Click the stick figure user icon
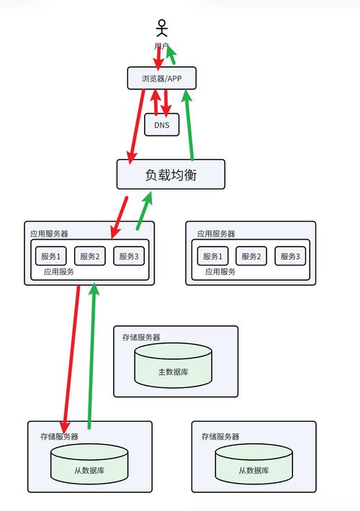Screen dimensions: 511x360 pos(162,29)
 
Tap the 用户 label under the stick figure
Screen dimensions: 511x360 pos(161,46)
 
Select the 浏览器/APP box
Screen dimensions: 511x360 pos(162,78)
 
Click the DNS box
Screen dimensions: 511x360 pos(162,125)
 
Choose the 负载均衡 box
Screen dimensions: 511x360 pos(171,174)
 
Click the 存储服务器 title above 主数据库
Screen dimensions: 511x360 pos(141,337)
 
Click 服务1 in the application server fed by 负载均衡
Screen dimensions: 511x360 pos(50,256)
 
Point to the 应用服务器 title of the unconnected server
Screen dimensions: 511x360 pos(215,233)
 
